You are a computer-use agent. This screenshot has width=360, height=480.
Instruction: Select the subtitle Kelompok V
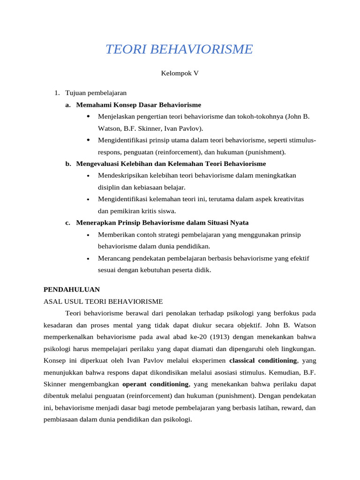180,73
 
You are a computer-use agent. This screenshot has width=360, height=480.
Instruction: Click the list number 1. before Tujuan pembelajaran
57,93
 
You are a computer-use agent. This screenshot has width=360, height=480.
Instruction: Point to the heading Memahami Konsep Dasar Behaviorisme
138,105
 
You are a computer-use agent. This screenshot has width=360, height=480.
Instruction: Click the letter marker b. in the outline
68,164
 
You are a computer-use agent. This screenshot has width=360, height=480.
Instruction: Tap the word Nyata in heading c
239,223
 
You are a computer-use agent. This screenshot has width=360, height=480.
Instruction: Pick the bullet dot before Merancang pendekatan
89,259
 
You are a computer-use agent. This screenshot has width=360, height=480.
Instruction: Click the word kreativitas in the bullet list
284,199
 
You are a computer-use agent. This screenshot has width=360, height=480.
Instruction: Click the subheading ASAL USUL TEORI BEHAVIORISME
103,301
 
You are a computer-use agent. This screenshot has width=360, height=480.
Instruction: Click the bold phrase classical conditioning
263,360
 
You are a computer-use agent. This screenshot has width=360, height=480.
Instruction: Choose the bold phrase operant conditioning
155,384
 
